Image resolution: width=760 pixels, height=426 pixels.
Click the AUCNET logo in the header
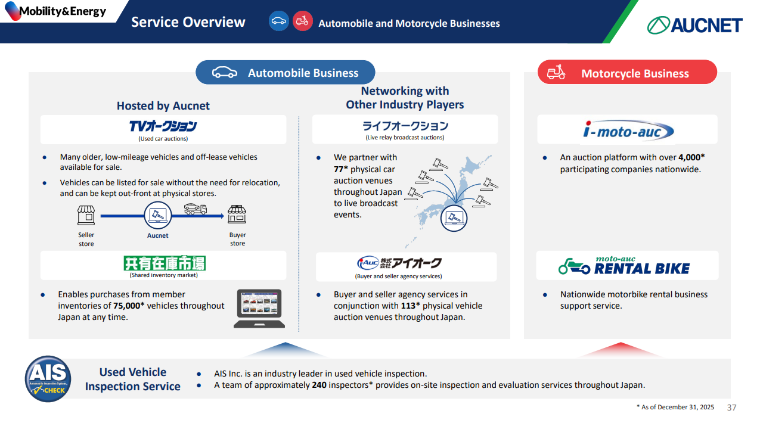(x=694, y=25)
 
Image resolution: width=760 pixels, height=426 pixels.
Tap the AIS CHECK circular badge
(x=48, y=379)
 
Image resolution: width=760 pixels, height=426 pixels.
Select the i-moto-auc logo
(x=628, y=130)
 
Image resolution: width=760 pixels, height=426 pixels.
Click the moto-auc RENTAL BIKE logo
(x=624, y=266)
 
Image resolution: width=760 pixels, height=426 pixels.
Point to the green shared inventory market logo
(x=165, y=263)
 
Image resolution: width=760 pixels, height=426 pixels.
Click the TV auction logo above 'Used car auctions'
(x=163, y=126)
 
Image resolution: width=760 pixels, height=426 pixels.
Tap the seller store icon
(x=86, y=215)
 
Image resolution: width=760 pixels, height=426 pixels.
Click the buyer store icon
(x=237, y=214)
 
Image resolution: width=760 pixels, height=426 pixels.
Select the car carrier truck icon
(x=196, y=209)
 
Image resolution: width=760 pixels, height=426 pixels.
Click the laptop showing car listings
(x=259, y=308)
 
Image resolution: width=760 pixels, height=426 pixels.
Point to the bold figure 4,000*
(x=691, y=157)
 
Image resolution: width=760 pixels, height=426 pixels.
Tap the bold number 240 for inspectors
(x=319, y=385)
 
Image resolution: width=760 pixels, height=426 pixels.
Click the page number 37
(x=731, y=408)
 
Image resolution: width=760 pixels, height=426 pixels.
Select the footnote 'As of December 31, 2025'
(x=675, y=407)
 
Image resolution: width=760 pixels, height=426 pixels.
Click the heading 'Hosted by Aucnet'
(x=163, y=106)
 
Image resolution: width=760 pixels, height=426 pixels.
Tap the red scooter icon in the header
(x=302, y=21)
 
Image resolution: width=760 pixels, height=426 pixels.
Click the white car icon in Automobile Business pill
(x=225, y=72)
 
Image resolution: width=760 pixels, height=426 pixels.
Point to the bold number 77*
(x=341, y=169)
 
